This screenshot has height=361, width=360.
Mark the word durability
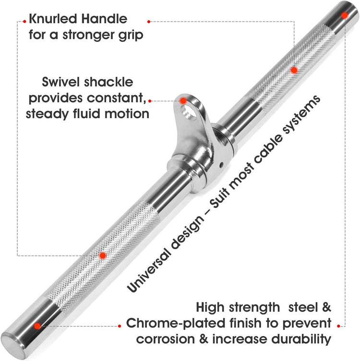(300, 339)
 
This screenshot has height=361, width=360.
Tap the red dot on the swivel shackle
(183, 100)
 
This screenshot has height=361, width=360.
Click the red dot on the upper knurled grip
(294, 70)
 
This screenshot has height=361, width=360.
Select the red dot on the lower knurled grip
(102, 255)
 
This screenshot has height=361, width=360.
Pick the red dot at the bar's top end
(344, 15)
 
